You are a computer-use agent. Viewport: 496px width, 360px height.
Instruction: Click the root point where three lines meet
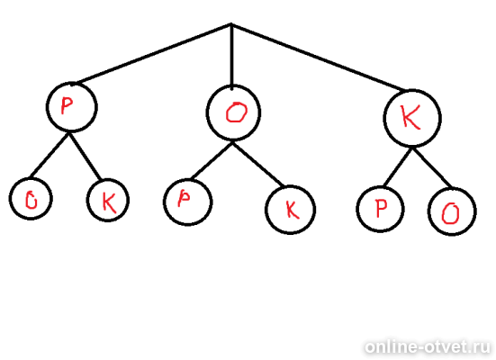(x=231, y=24)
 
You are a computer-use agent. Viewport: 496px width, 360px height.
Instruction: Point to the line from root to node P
(x=154, y=54)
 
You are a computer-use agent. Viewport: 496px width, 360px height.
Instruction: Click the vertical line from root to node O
(x=232, y=56)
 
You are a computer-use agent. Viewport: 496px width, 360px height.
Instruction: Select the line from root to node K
(x=318, y=57)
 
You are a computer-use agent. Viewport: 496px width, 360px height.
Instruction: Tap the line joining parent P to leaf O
(x=50, y=155)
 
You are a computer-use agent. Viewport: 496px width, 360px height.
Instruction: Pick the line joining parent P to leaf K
(x=85, y=157)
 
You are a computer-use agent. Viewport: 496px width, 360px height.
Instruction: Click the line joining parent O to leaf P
(x=212, y=160)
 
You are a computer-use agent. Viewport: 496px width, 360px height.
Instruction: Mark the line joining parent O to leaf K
(x=258, y=164)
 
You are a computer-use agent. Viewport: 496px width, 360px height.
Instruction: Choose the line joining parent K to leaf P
(x=398, y=167)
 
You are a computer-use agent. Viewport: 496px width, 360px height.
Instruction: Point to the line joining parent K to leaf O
(x=432, y=167)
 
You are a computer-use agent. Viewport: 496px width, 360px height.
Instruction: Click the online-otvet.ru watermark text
(x=428, y=347)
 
